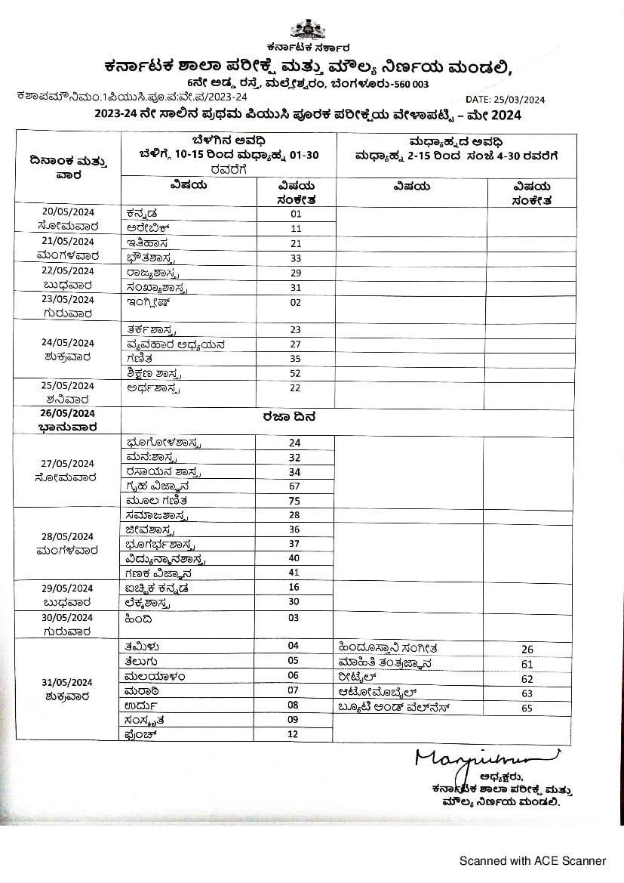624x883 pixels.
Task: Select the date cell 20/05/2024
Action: [66, 211]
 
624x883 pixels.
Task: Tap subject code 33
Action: [295, 258]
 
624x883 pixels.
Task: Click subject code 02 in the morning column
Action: [295, 302]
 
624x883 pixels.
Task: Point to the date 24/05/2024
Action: [66, 342]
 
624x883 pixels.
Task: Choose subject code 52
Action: [295, 373]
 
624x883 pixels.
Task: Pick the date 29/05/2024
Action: [66, 588]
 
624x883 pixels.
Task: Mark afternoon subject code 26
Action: [527, 649]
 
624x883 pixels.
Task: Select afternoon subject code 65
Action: [527, 708]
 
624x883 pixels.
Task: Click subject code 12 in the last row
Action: [294, 734]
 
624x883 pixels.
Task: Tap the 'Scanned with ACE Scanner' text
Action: [533, 860]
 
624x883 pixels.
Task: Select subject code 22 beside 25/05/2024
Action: [295, 387]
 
